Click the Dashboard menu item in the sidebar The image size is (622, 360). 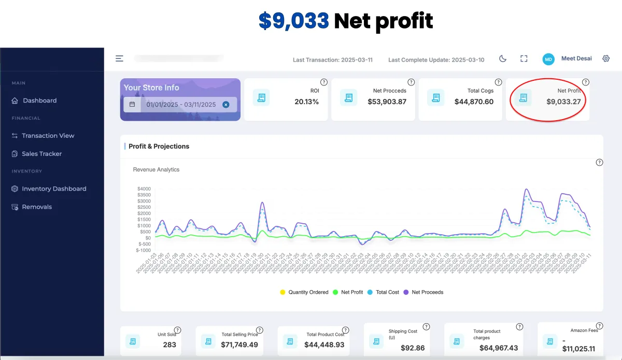click(x=39, y=100)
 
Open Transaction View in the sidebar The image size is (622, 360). click(x=48, y=136)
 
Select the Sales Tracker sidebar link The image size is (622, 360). click(x=41, y=154)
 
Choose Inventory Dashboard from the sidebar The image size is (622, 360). click(x=54, y=189)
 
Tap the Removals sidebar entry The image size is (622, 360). click(x=37, y=207)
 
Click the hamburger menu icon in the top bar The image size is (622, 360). click(x=119, y=59)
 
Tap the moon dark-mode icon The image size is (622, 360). click(x=502, y=59)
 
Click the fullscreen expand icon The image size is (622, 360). click(x=524, y=59)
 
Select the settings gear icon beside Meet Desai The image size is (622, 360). click(x=606, y=59)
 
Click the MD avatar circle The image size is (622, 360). click(x=548, y=59)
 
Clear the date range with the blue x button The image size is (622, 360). click(x=226, y=105)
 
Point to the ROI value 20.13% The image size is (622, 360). click(x=306, y=102)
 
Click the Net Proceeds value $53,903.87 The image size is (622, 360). click(x=387, y=102)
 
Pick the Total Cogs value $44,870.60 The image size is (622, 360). click(x=474, y=102)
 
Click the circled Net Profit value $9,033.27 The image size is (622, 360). click(x=563, y=102)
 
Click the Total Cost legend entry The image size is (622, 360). click(x=387, y=292)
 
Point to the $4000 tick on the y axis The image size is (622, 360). click(x=144, y=189)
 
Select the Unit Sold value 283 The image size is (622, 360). click(x=169, y=344)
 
